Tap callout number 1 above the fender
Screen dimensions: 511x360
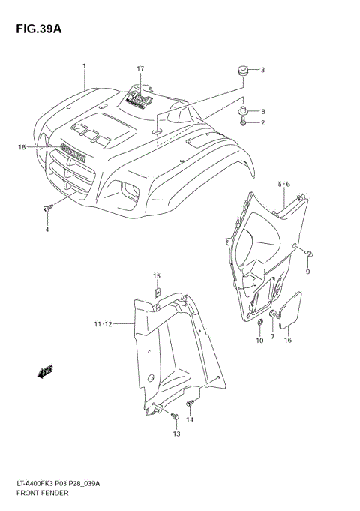pos(85,66)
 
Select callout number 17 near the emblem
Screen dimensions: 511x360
pos(139,69)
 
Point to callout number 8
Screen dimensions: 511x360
pos(262,111)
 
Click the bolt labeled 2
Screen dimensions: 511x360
pos(245,120)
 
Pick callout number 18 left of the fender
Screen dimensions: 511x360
pos(22,147)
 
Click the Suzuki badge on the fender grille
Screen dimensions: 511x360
pos(74,152)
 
